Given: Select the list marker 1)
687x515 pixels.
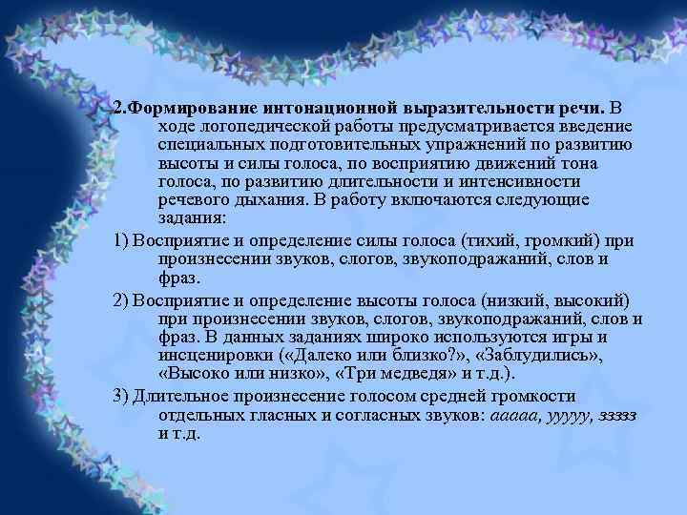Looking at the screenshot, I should pos(121,239).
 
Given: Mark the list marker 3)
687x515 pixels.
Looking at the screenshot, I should pos(121,394).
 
